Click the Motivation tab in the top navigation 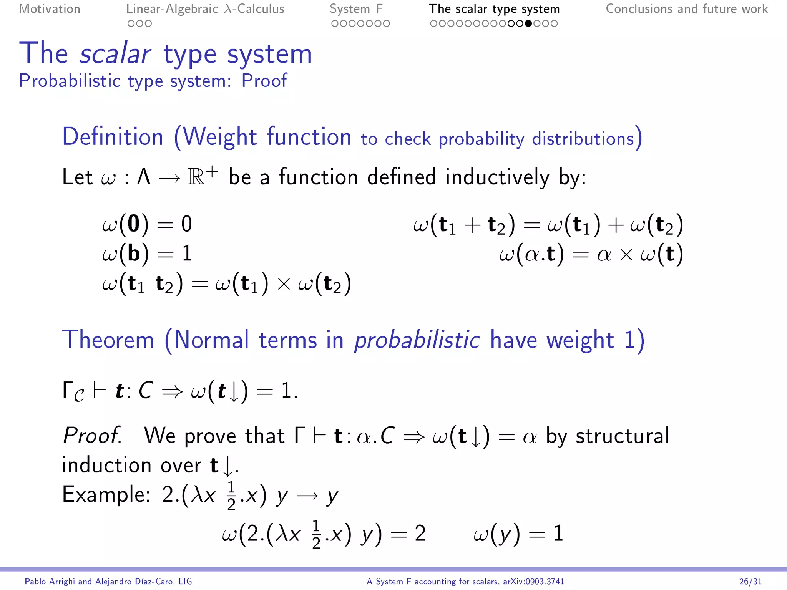tap(50, 9)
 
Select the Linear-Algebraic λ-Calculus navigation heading tap(205, 9)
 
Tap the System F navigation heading tap(356, 9)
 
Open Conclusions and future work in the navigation tap(687, 9)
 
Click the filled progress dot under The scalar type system tap(528, 23)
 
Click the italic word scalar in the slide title tap(115, 54)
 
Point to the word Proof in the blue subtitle tap(264, 81)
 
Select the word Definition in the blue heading tap(113, 137)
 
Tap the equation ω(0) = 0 tap(147, 224)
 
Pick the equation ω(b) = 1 tap(147, 254)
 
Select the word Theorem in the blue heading tap(108, 340)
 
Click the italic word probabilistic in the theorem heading tap(417, 340)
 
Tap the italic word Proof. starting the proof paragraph tap(93, 436)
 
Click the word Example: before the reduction tap(106, 494)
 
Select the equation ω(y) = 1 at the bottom tap(518, 534)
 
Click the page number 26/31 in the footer tap(750, 582)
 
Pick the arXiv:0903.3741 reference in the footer tap(533, 582)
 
